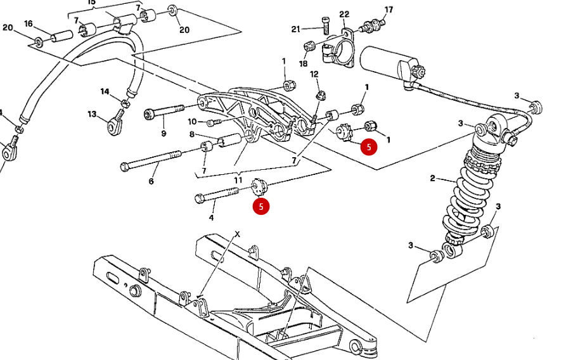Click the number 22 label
(344, 14)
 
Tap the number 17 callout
(388, 10)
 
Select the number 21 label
(296, 29)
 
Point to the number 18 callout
(304, 63)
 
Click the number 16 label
(29, 23)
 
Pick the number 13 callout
(92, 114)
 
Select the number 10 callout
(192, 121)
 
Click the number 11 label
(238, 180)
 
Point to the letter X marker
(238, 234)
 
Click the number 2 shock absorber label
(432, 178)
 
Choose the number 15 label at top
(92, 3)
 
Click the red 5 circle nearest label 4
(261, 206)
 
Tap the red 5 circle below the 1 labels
(368, 147)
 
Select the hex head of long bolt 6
(125, 167)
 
